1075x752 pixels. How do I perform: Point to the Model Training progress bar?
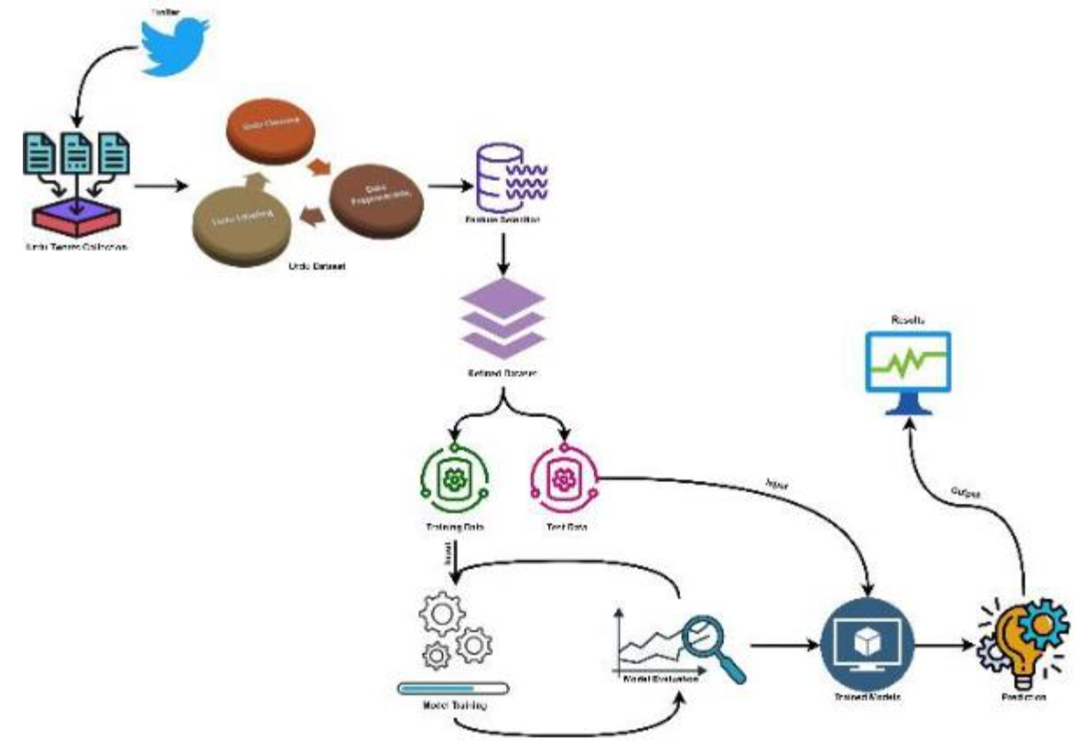(x=453, y=687)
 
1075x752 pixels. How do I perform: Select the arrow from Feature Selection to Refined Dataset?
(x=503, y=253)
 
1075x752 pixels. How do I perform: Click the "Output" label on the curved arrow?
(x=965, y=493)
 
